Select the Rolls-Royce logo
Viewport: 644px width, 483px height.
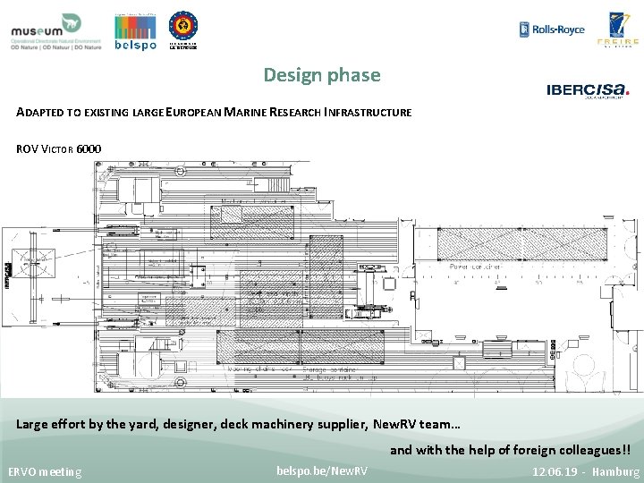pyautogui.click(x=552, y=30)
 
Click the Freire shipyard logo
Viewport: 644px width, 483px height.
pyautogui.click(x=623, y=30)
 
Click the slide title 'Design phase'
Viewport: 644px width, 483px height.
pyautogui.click(x=322, y=75)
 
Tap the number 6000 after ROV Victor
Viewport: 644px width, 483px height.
pyautogui.click(x=89, y=148)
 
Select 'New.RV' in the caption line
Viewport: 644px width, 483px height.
pyautogui.click(x=399, y=424)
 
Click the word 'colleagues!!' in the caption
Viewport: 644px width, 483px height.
pyautogui.click(x=591, y=450)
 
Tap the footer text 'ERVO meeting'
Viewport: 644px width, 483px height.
pyautogui.click(x=46, y=471)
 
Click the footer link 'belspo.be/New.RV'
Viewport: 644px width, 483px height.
pyautogui.click(x=322, y=470)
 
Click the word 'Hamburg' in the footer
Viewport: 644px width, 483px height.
pyautogui.click(x=616, y=470)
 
